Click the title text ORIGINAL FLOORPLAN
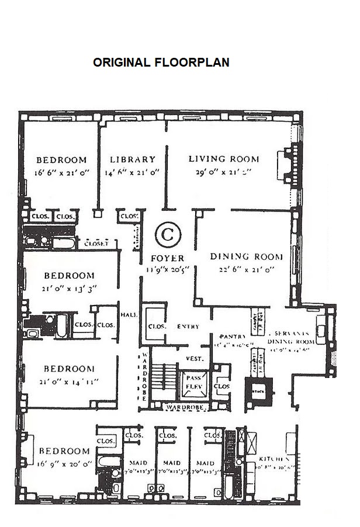(161, 63)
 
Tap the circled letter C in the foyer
(168, 235)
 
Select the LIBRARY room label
(133, 160)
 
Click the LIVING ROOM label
(223, 159)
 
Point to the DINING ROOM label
(246, 256)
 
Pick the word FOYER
(167, 258)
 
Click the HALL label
(129, 314)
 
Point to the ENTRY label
(188, 326)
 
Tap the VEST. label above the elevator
(194, 358)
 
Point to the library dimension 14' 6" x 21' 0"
(133, 172)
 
